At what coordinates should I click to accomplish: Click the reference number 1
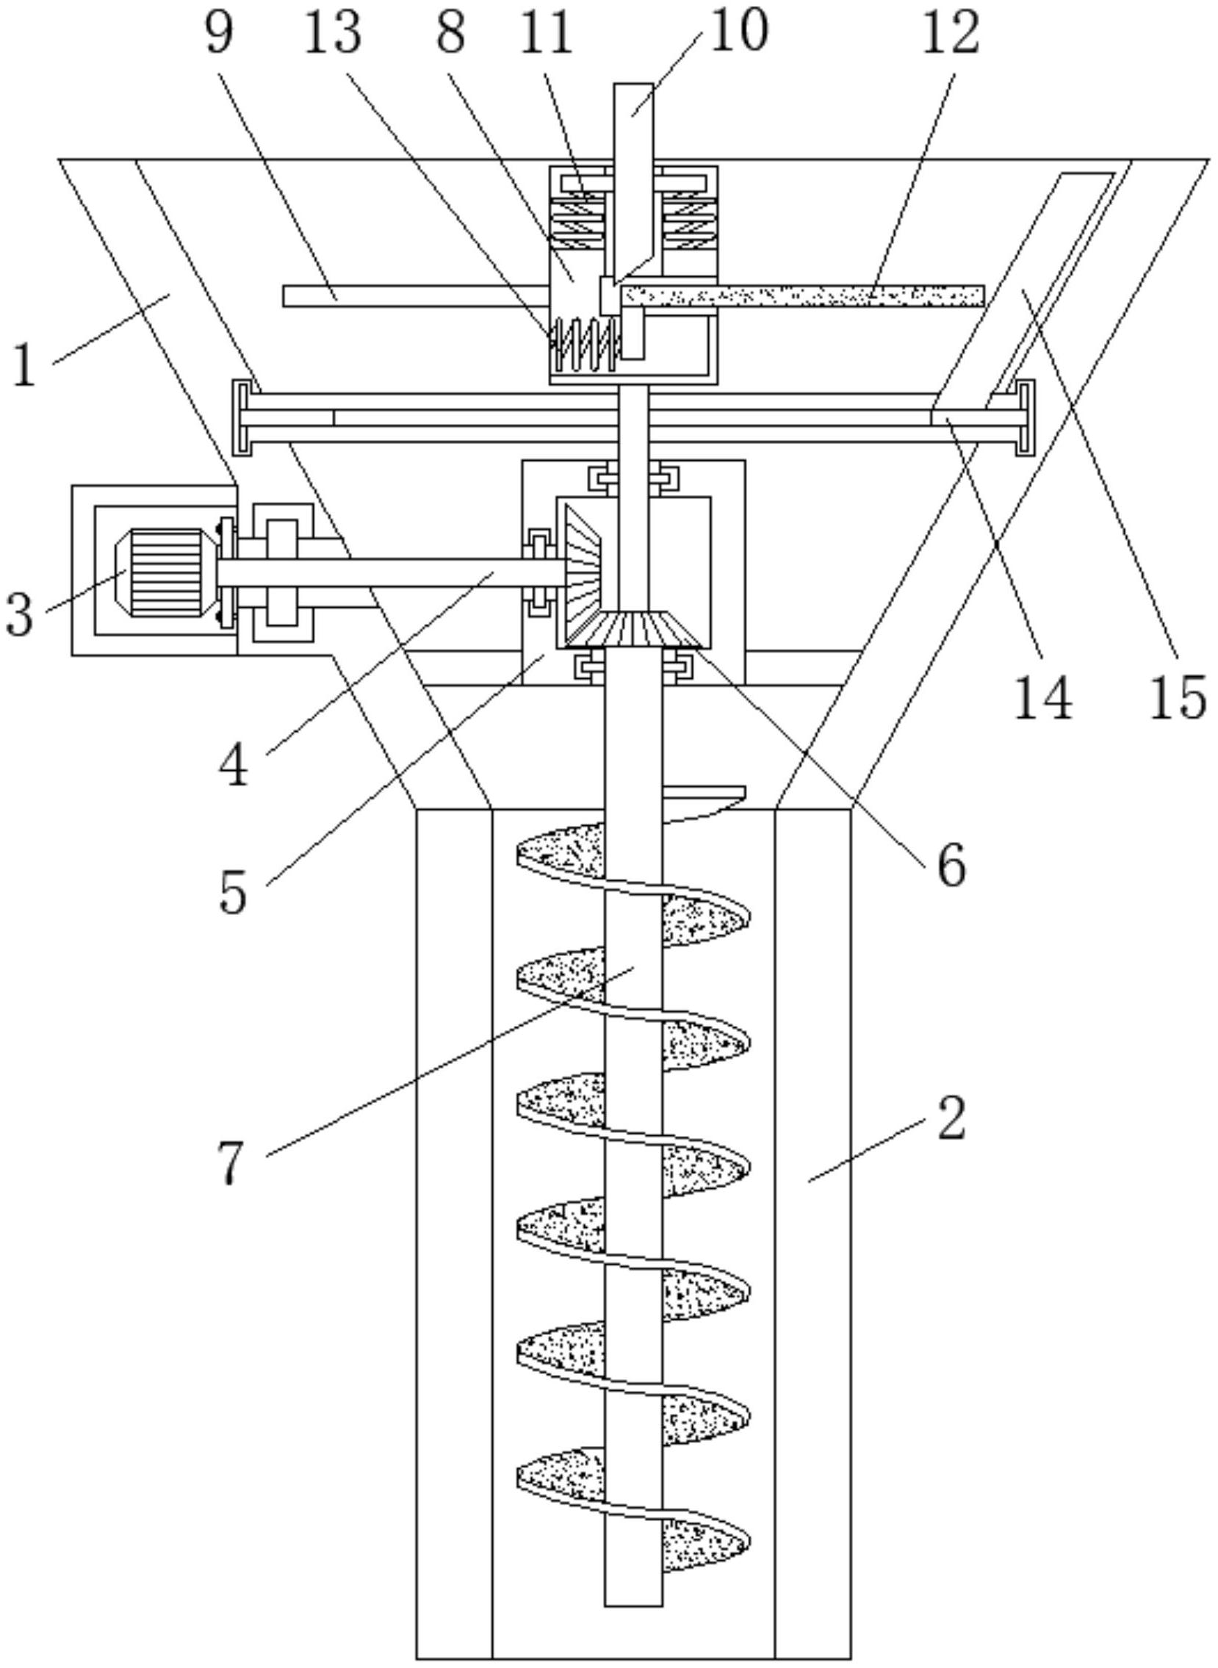[24, 367]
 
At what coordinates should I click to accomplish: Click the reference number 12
[951, 33]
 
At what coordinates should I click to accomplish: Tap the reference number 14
[1042, 697]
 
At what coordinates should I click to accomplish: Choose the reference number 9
[219, 33]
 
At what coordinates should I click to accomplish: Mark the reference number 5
[233, 894]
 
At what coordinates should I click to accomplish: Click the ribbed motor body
[165, 573]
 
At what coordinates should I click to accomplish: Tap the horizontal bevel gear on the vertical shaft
[633, 628]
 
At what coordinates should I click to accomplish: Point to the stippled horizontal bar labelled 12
[804, 295]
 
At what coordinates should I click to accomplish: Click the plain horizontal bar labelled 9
[413, 295]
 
